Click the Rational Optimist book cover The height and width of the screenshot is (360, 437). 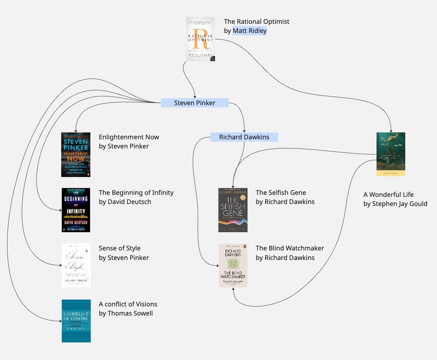tap(200, 39)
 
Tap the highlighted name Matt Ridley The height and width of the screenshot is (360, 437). tap(250, 31)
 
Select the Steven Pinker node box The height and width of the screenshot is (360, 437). tap(194, 103)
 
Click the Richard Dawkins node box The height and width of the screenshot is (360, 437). tap(244, 137)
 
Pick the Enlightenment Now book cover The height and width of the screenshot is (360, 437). tap(76, 154)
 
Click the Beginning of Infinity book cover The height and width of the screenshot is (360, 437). tap(76, 210)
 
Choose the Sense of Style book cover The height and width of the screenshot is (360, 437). tap(76, 265)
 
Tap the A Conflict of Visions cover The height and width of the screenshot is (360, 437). tap(76, 321)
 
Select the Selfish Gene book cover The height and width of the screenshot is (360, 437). tap(233, 210)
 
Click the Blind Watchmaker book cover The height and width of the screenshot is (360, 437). tap(233, 265)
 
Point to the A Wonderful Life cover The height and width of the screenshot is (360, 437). tap(391, 154)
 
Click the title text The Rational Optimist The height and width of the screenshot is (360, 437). tap(256, 21)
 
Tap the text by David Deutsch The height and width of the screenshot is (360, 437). tap(125, 202)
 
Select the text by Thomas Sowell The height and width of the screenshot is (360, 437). tap(126, 313)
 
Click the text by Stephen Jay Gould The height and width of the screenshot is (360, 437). tap(395, 204)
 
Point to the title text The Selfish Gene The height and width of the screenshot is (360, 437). tap(281, 193)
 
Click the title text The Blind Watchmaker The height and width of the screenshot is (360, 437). tap(290, 248)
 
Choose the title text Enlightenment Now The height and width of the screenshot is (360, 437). tap(129, 137)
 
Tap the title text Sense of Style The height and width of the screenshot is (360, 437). tap(119, 248)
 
